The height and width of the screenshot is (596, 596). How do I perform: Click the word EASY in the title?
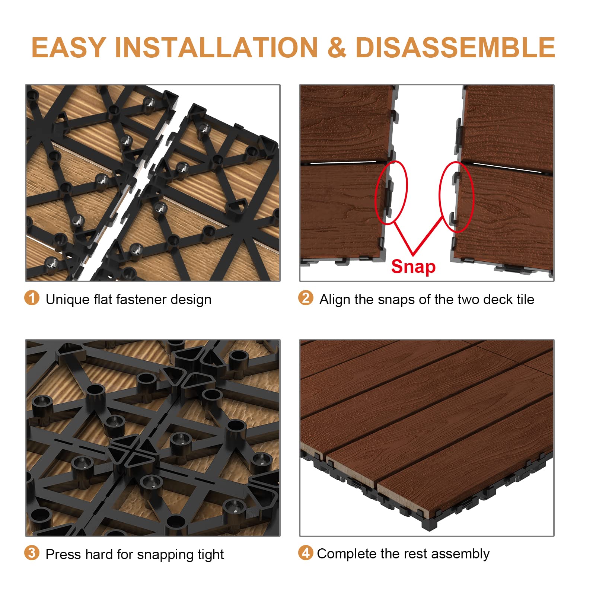coord(68,48)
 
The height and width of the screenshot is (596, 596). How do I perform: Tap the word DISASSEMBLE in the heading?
coord(455,48)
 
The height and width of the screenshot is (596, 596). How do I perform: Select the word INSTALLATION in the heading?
coord(216,48)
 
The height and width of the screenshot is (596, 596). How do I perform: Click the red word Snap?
coord(413,267)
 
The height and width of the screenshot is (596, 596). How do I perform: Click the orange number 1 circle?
coord(32,298)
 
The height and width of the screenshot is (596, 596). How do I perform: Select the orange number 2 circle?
coord(306,298)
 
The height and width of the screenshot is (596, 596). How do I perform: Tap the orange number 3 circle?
coord(32,553)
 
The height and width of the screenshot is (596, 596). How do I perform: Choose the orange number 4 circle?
coord(306,553)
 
